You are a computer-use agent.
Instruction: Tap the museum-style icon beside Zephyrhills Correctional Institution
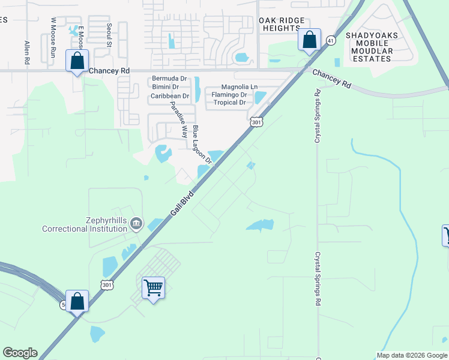tap(136, 224)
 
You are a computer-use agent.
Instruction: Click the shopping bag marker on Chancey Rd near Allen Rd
tap(77, 61)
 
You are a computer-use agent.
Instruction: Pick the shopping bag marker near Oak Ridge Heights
tap(309, 40)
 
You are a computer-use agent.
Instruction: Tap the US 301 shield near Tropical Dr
tap(256, 122)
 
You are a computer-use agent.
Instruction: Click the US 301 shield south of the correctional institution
tap(106, 284)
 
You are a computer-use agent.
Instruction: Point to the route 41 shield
tap(331, 40)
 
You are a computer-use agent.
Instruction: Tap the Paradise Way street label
tap(179, 120)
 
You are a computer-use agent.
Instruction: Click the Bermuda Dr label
tap(169, 79)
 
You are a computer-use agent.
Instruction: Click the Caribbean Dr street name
tap(169, 95)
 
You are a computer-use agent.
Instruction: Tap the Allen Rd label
tap(26, 52)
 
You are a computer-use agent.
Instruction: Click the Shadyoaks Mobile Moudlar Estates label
tap(369, 47)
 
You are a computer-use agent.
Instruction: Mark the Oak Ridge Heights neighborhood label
tap(280, 24)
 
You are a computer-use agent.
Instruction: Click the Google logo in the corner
tap(20, 353)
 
